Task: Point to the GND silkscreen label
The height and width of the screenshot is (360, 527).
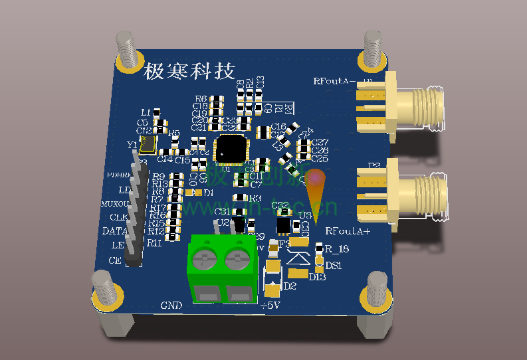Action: pyautogui.click(x=171, y=306)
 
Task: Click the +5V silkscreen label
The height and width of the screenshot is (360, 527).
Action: pyautogui.click(x=270, y=306)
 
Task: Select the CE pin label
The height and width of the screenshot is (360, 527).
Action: pyautogui.click(x=114, y=260)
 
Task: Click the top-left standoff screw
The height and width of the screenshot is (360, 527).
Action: pyautogui.click(x=129, y=50)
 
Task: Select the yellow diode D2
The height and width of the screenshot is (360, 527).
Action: pyautogui.click(x=272, y=278)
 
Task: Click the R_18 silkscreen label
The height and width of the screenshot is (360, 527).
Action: pyautogui.click(x=337, y=249)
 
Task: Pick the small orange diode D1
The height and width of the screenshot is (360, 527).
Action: pyautogui.click(x=196, y=193)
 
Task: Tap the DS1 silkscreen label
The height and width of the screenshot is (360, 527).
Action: pyautogui.click(x=333, y=265)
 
